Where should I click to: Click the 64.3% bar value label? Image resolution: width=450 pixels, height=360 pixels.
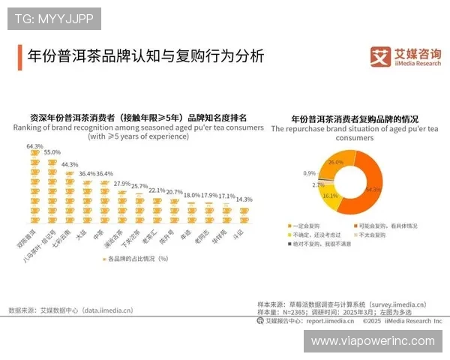(34, 146)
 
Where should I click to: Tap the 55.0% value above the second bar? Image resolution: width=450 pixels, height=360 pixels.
(52, 152)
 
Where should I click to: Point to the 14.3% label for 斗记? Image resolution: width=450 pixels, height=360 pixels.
(244, 200)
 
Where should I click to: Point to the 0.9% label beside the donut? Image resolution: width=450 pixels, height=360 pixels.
(309, 173)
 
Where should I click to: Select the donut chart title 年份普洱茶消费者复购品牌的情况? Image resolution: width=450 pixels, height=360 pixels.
(354, 119)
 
